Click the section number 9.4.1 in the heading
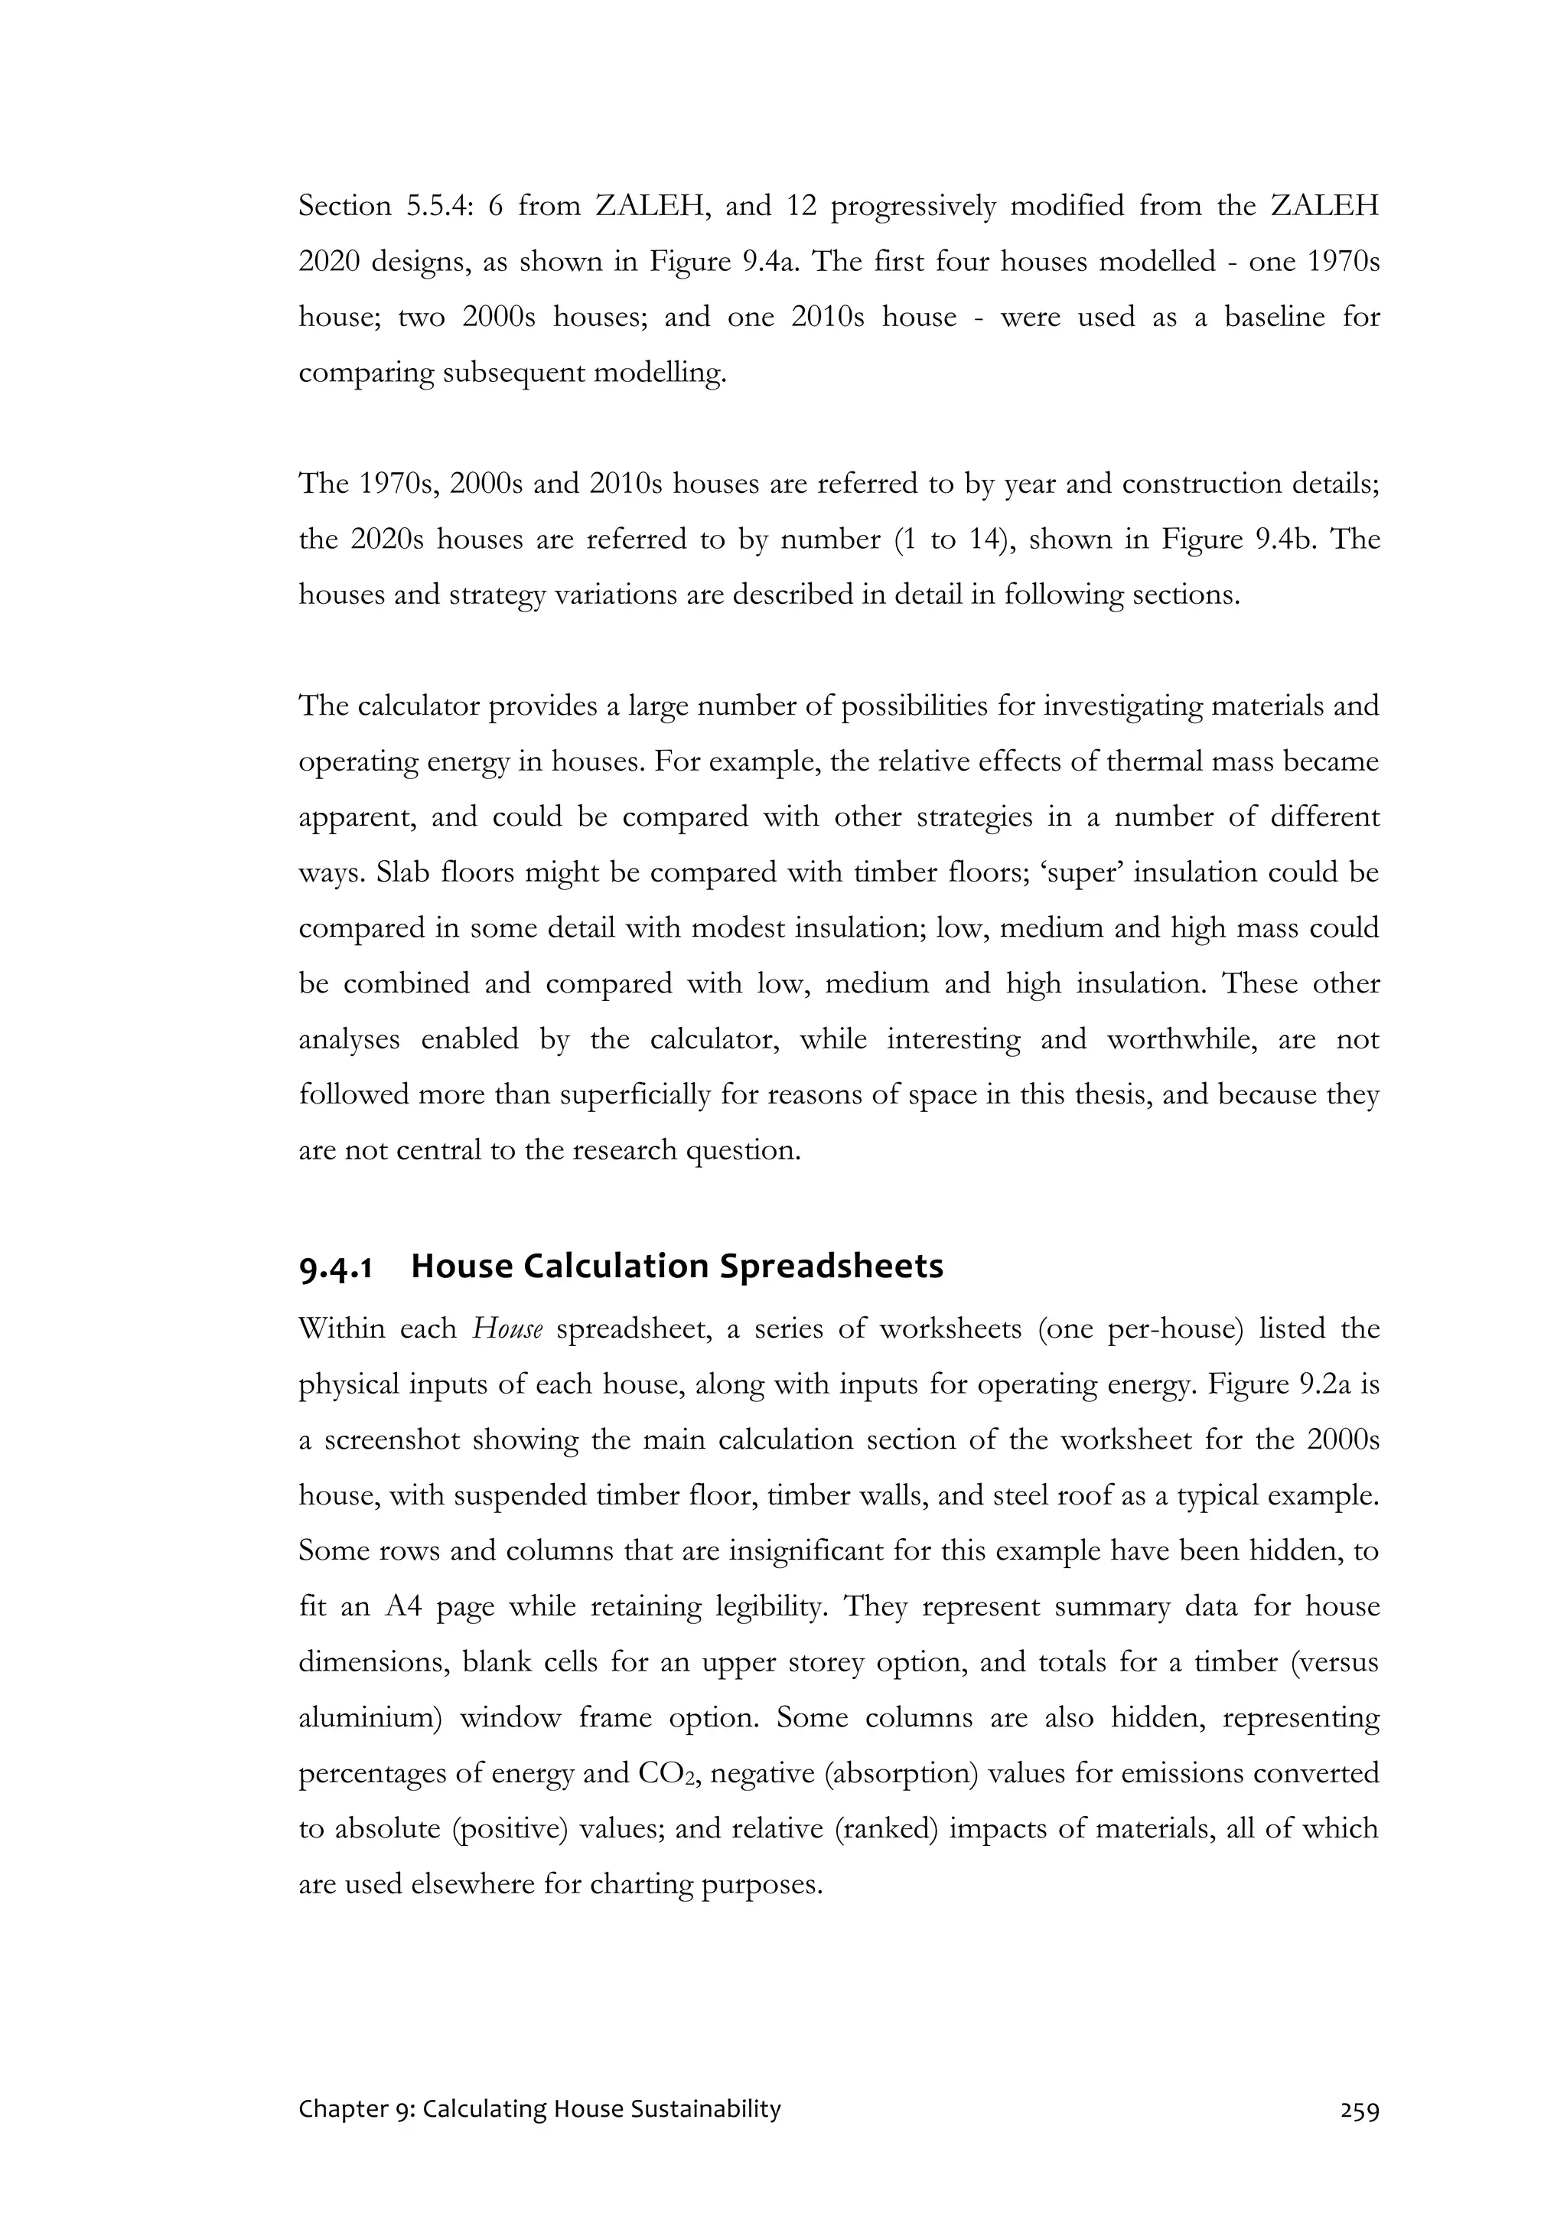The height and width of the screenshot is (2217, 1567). coord(335,1267)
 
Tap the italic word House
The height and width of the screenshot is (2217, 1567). coord(507,1329)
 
